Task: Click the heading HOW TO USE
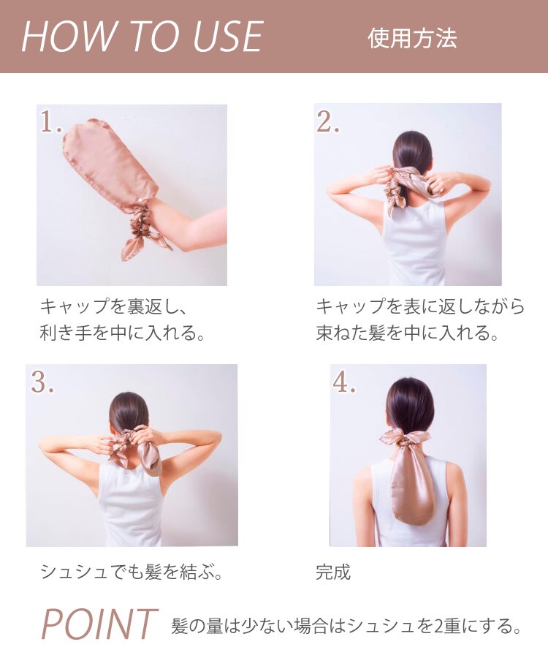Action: [x=142, y=37]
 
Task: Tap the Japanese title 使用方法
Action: [x=412, y=38]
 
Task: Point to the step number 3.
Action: [x=43, y=382]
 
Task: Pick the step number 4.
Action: [x=344, y=382]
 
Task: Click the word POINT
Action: [x=99, y=624]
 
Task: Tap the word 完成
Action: [x=333, y=572]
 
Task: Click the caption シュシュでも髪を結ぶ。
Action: [x=132, y=572]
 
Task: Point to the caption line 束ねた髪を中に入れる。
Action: [x=407, y=333]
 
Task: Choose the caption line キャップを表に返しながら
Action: [x=420, y=306]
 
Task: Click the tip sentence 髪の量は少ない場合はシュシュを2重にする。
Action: [x=346, y=626]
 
